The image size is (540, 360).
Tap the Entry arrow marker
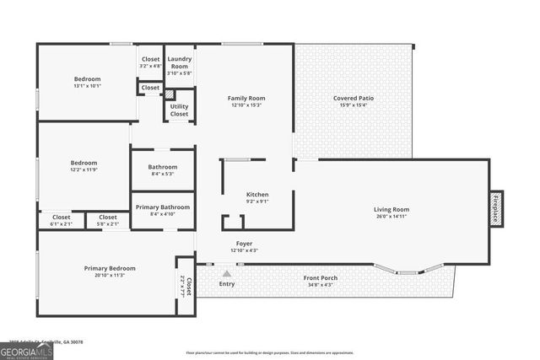click(226, 273)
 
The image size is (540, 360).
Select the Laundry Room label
click(180, 62)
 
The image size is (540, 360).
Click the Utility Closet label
click(179, 110)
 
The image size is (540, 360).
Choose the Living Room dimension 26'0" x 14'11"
click(391, 217)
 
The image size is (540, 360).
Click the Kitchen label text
click(256, 195)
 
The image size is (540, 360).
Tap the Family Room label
click(246, 99)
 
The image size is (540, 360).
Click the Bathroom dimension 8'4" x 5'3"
click(162, 175)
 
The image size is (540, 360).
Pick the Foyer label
click(243, 244)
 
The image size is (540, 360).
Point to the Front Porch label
click(320, 277)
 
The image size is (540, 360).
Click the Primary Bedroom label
click(110, 268)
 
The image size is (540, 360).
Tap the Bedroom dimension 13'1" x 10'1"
click(88, 86)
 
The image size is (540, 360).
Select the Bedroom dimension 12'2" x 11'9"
click(84, 169)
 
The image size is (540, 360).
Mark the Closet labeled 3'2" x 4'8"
click(150, 62)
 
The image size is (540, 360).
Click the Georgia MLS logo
click(26, 350)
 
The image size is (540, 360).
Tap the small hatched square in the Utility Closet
click(170, 95)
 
